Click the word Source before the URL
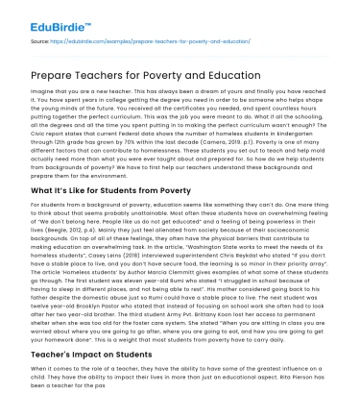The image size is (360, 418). coord(39,41)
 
